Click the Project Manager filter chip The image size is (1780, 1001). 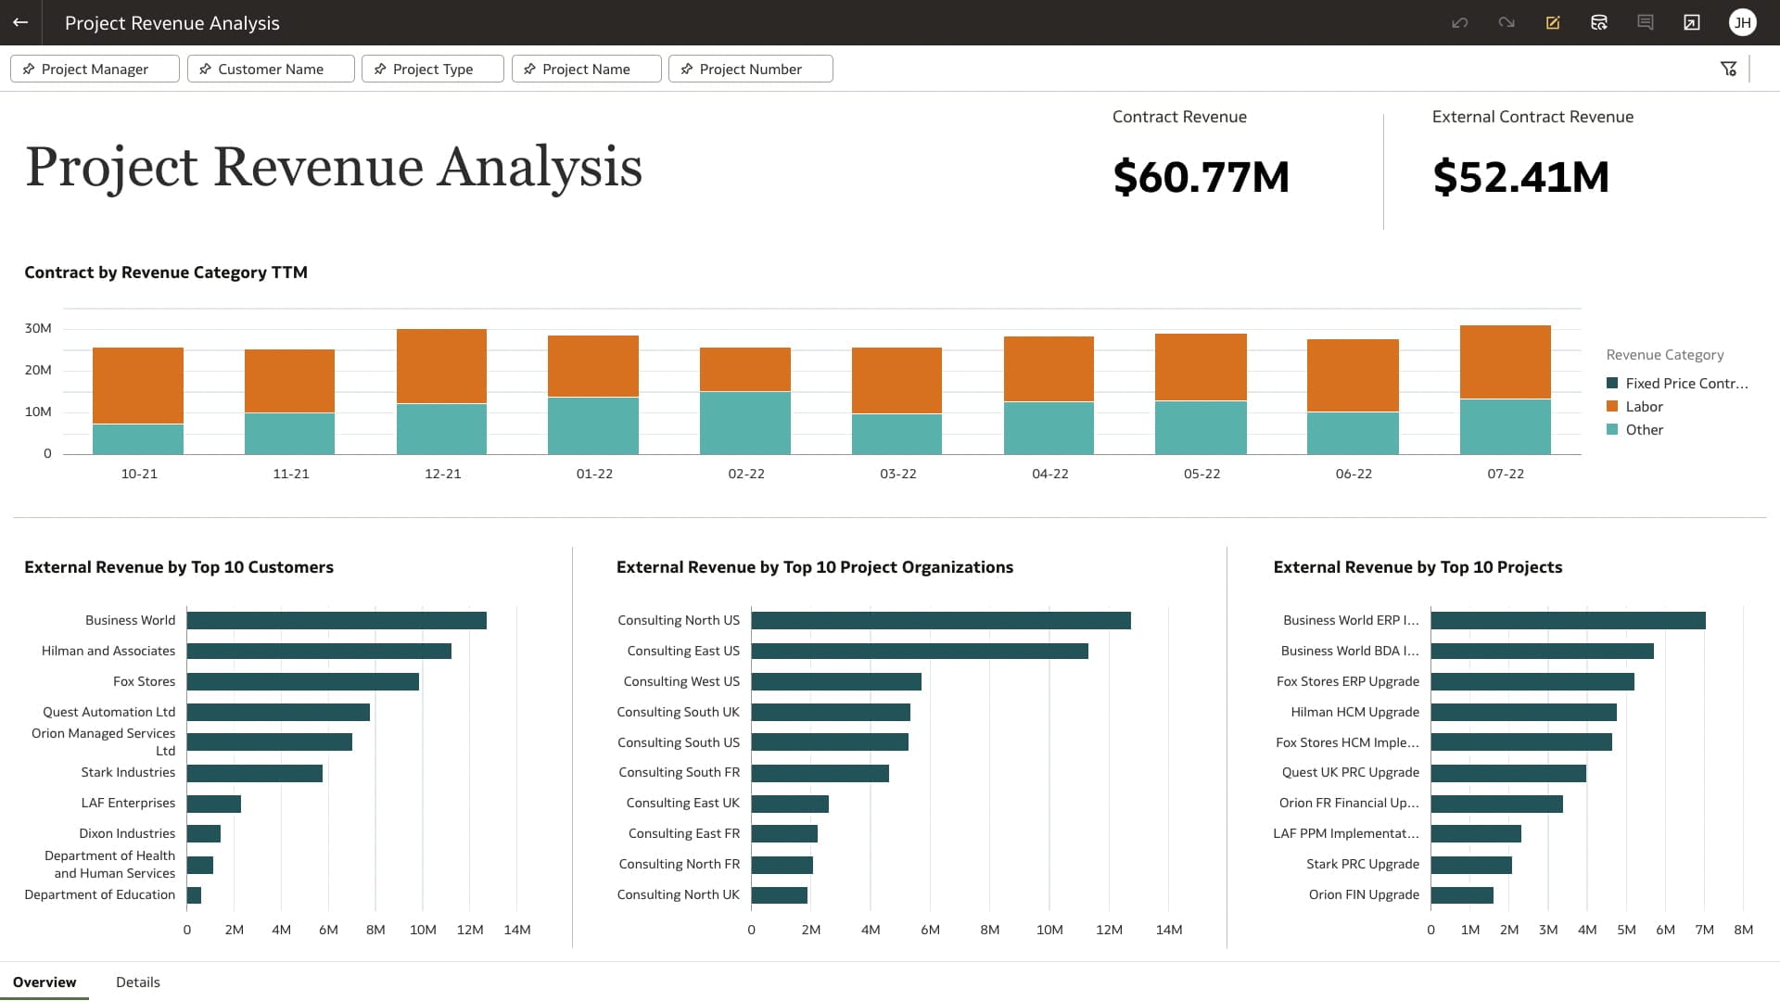coord(95,70)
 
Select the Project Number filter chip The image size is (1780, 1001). coord(750,70)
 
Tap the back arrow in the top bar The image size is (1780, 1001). coord(20,22)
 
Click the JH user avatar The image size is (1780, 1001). coord(1742,22)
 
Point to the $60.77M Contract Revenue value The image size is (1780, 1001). coord(1201,177)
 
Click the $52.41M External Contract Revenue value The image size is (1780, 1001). coord(1520,177)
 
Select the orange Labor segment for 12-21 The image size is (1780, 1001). coord(441,366)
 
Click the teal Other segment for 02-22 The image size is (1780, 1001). coord(744,423)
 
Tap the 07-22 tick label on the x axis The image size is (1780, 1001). coord(1505,474)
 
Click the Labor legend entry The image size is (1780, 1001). coord(1643,407)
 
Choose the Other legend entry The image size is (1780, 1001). coord(1643,430)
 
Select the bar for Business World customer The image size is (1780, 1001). coord(337,621)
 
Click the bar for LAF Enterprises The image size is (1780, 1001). coord(214,804)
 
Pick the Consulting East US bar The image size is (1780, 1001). coord(919,652)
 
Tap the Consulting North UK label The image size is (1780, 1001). coord(678,895)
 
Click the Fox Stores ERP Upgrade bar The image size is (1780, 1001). coord(1532,682)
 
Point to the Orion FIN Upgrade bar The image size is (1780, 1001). coord(1461,895)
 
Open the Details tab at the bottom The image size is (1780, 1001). coord(137,982)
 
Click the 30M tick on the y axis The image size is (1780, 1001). coord(38,329)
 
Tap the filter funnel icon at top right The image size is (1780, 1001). coord(1728,70)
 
